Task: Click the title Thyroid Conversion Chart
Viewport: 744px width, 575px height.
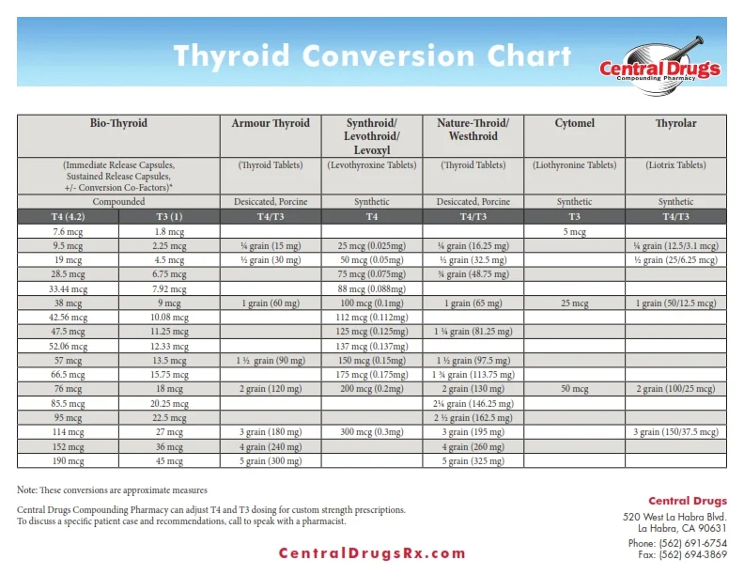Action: (x=372, y=55)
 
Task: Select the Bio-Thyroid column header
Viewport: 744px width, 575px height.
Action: (x=118, y=124)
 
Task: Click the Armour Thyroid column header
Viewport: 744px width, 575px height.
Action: (x=271, y=124)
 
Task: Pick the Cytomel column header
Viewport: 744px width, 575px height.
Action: (x=574, y=124)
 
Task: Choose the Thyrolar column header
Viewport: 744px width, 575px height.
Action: (x=675, y=124)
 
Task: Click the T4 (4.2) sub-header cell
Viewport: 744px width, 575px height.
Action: (x=69, y=216)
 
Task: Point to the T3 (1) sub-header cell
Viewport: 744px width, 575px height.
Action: (x=169, y=216)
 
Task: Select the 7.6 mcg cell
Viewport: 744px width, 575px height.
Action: (x=69, y=231)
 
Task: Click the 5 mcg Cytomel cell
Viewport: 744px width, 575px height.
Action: (x=574, y=231)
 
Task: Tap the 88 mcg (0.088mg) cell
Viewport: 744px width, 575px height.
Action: (x=372, y=289)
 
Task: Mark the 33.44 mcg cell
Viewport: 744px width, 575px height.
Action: (x=69, y=289)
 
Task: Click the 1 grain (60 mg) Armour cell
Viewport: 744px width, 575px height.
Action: (x=271, y=303)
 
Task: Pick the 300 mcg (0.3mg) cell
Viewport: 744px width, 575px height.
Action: (x=372, y=433)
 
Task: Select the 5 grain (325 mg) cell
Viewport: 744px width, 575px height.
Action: (x=473, y=462)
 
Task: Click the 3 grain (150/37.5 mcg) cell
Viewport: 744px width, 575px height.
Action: (x=675, y=433)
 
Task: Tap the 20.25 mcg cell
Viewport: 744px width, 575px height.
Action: (x=169, y=404)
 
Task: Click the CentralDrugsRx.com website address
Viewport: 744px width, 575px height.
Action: (x=372, y=553)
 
